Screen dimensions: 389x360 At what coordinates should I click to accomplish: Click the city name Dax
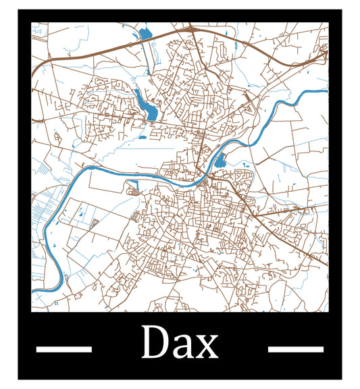click(180, 343)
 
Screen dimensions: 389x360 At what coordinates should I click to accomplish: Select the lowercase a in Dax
click(182, 347)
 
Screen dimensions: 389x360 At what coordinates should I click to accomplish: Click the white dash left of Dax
click(63, 349)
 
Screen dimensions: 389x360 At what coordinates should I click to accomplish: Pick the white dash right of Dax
click(295, 349)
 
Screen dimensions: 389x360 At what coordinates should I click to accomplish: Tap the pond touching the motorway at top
click(145, 33)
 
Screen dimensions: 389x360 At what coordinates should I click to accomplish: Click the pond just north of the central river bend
click(220, 161)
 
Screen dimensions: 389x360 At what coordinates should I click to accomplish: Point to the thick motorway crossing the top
click(101, 48)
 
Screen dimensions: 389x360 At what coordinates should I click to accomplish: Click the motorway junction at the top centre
click(191, 30)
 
